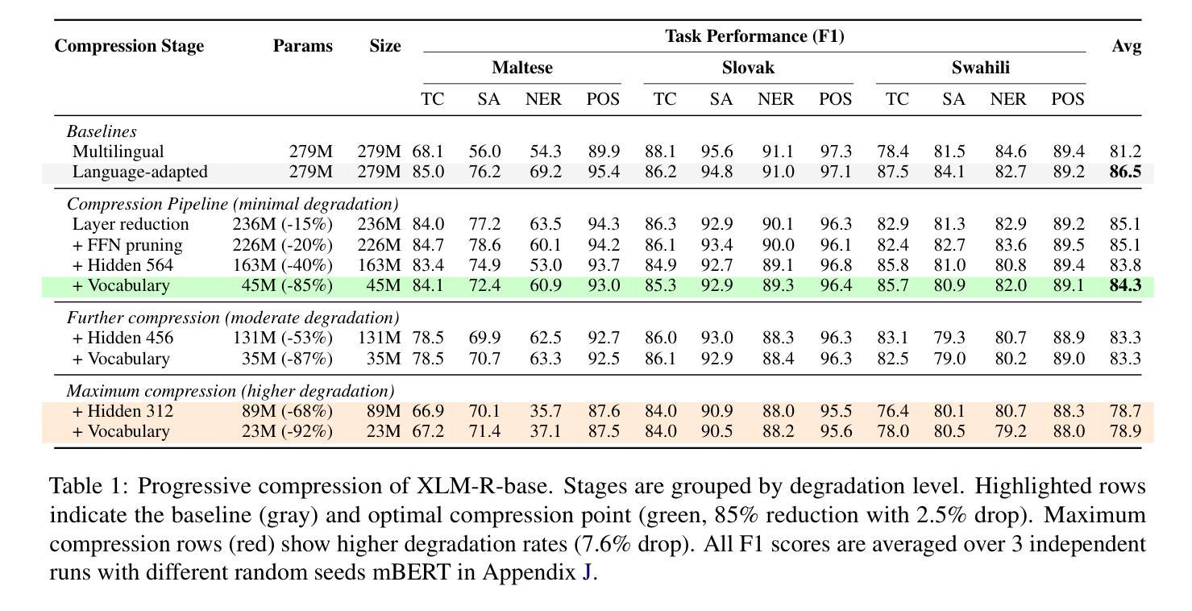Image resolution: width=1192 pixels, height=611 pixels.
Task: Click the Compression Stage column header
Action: [x=129, y=46]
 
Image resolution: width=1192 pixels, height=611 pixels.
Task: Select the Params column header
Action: [x=302, y=46]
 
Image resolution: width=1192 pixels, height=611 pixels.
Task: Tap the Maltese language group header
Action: [x=522, y=68]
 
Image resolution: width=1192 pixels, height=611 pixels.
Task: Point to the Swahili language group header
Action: [x=980, y=68]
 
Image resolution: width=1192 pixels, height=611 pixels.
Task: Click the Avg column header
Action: [x=1126, y=46]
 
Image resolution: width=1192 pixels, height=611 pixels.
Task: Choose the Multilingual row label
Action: [x=118, y=152]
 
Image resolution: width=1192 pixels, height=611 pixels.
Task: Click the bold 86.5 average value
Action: [x=1125, y=172]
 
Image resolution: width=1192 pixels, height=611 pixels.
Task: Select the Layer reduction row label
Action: [x=131, y=224]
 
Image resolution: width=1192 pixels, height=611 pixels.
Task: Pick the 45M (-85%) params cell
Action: [x=287, y=285]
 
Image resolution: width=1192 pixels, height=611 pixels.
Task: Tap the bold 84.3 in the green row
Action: [x=1125, y=285]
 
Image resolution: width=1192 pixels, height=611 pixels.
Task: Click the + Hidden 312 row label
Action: [x=123, y=411]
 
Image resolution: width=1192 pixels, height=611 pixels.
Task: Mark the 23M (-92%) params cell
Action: [x=287, y=431]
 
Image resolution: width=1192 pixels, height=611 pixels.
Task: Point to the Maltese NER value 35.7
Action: [x=545, y=411]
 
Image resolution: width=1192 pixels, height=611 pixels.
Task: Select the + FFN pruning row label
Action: [x=127, y=245]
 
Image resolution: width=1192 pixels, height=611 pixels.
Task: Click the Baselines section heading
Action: [x=102, y=131]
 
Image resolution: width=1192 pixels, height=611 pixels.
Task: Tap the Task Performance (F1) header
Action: [x=754, y=36]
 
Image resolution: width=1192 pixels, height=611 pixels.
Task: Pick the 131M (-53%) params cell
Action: [x=283, y=338]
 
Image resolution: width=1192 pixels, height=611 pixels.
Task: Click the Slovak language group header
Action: [x=748, y=68]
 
